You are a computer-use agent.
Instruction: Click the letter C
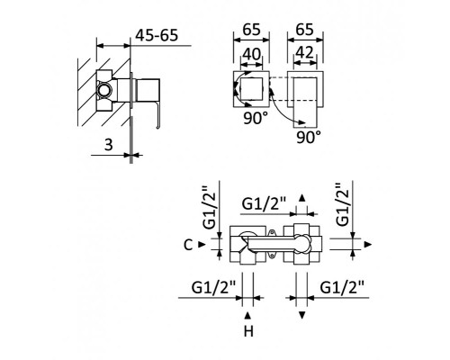(x=186, y=244)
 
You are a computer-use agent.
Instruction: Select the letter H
(x=248, y=332)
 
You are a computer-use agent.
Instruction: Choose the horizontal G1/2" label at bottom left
(x=213, y=287)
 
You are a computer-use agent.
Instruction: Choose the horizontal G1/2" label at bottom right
(x=342, y=287)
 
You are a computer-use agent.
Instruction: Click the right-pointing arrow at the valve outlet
(x=369, y=244)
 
